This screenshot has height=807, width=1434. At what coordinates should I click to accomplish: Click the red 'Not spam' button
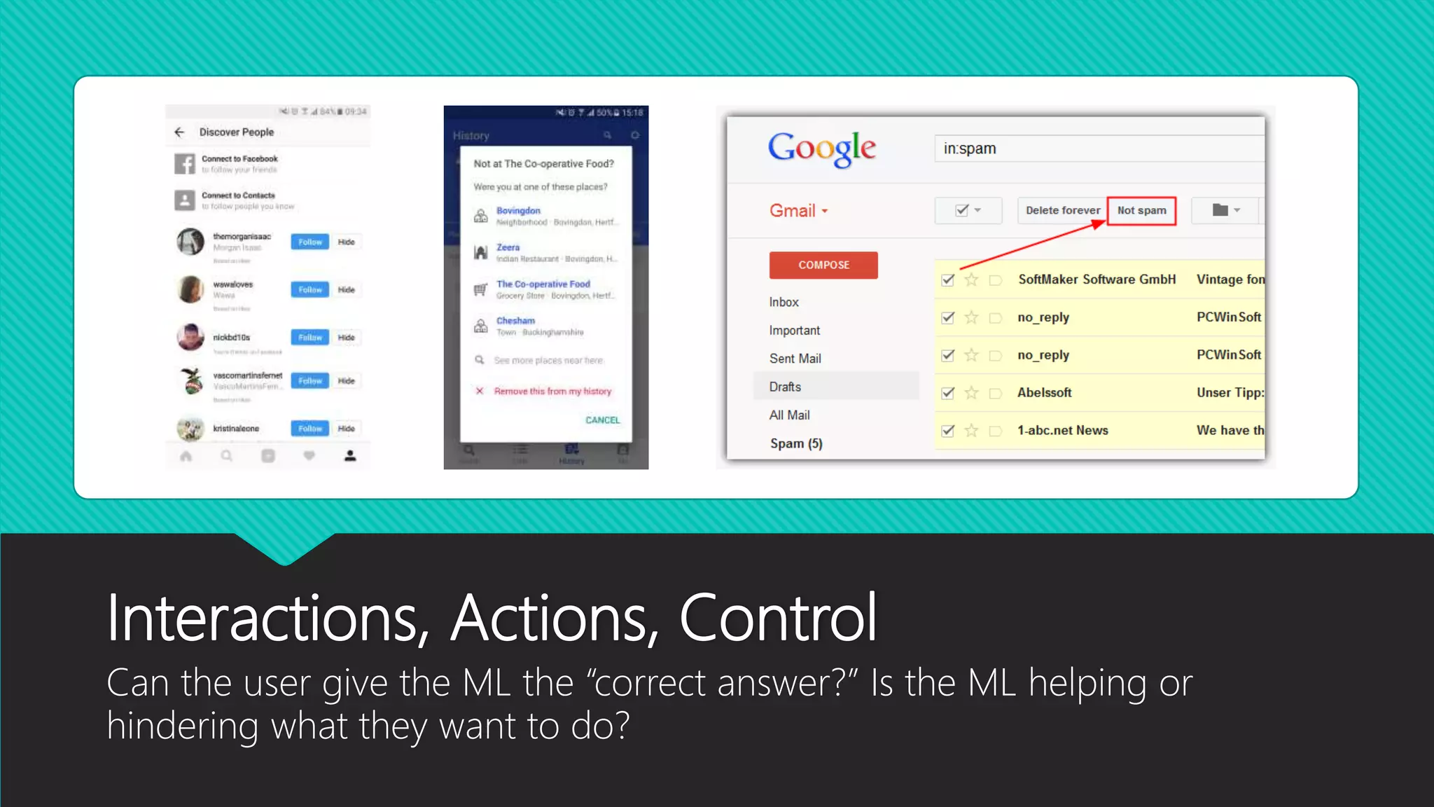[x=1141, y=210]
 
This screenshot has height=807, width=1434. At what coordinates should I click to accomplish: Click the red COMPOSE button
[x=823, y=265]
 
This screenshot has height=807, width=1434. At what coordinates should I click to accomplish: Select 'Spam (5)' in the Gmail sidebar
[x=796, y=443]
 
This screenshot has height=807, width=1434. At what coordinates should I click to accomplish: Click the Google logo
[x=821, y=149]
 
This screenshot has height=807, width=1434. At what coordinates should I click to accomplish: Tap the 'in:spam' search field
[x=1099, y=149]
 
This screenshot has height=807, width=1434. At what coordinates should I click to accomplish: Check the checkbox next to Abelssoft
[x=948, y=393]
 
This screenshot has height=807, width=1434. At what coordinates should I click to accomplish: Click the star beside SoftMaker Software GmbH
[x=971, y=280]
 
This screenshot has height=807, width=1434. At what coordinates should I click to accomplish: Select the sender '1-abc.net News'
[x=1062, y=430]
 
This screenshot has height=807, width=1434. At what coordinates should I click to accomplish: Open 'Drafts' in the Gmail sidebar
[x=785, y=387]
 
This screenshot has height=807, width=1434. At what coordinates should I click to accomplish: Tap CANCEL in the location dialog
[x=602, y=420]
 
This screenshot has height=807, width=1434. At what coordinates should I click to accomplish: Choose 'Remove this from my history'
[x=552, y=391]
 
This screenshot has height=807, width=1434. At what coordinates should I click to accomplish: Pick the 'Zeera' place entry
[x=508, y=247]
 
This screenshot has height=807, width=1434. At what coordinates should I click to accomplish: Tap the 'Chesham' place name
[x=515, y=321]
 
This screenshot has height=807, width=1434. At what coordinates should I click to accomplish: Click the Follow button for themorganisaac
[x=309, y=242]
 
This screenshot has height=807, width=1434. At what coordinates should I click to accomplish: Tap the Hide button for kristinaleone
[x=347, y=429]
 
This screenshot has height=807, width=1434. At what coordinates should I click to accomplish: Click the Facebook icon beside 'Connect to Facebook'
[x=185, y=164]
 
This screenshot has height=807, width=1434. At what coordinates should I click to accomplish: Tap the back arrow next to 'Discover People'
[x=179, y=132]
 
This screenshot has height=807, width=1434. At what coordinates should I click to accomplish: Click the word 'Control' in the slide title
[x=777, y=618]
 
